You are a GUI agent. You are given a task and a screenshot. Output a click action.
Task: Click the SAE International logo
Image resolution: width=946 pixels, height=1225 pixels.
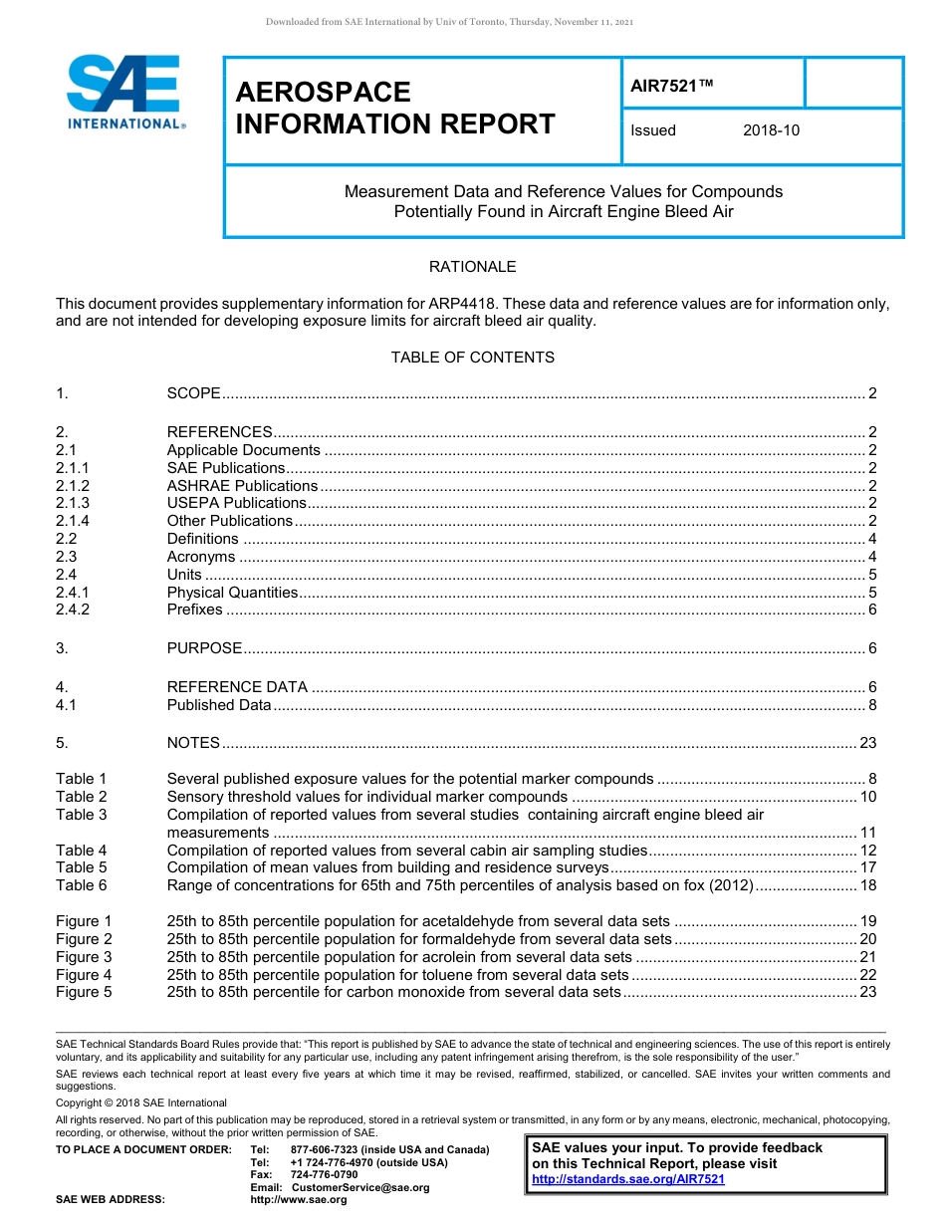click(x=124, y=93)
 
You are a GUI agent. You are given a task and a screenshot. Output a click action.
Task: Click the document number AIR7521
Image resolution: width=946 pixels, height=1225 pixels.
click(x=672, y=87)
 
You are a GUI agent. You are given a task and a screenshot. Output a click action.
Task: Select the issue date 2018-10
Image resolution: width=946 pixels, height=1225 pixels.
click(x=771, y=130)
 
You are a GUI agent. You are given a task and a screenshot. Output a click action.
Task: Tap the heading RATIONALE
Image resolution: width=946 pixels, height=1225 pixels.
click(x=472, y=267)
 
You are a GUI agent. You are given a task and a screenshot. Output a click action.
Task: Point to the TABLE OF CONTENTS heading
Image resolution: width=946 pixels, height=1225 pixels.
click(x=472, y=358)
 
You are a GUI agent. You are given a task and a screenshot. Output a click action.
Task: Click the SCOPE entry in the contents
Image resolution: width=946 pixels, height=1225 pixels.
click(x=193, y=393)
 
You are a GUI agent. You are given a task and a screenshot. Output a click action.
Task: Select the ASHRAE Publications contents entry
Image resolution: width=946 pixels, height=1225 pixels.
click(x=242, y=486)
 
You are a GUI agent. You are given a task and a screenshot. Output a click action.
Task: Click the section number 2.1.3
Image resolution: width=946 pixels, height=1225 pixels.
click(x=73, y=504)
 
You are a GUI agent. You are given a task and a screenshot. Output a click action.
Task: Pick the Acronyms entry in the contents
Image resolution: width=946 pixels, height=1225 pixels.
click(x=201, y=557)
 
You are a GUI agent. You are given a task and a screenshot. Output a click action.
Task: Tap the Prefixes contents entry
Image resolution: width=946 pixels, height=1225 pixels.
click(x=195, y=610)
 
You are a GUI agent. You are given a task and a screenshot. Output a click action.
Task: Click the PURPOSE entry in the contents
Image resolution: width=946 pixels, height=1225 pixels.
click(x=204, y=648)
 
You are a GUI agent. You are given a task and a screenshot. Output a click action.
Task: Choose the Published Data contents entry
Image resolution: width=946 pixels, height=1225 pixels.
click(x=219, y=705)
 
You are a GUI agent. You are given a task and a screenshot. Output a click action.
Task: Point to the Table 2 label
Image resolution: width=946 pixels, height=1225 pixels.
click(x=81, y=797)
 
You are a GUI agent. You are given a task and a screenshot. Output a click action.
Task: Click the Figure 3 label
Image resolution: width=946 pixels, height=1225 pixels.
click(x=84, y=957)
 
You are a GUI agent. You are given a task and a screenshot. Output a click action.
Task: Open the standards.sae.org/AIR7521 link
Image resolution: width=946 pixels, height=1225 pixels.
click(x=628, y=1179)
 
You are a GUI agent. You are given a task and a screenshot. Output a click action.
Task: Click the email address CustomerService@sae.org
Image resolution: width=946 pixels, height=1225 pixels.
click(x=355, y=1187)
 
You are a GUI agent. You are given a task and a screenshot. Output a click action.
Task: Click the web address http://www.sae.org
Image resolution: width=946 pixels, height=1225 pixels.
click(x=299, y=1200)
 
